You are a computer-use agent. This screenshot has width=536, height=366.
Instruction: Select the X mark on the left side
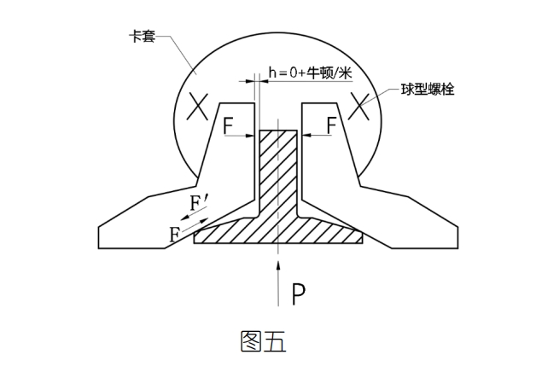point(198,106)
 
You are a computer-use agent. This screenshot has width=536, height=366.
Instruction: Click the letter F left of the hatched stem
point(228,126)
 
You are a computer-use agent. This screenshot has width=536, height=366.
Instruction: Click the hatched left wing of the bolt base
point(224,232)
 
